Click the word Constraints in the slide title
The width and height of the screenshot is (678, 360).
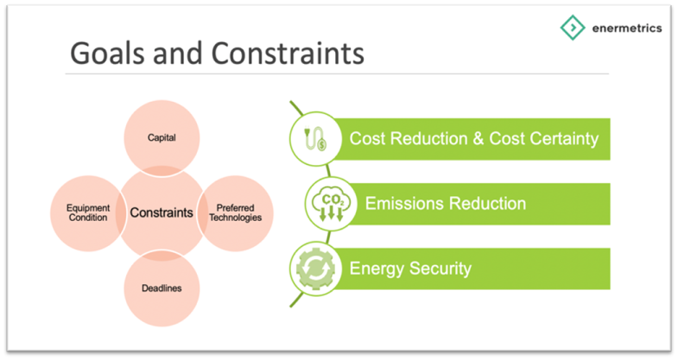288,54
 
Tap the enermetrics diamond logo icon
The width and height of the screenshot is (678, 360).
573,28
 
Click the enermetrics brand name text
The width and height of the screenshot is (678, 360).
627,28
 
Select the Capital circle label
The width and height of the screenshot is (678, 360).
162,138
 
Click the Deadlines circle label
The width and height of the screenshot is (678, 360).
162,288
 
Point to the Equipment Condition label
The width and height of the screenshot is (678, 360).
88,212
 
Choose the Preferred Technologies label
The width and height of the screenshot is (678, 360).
236,212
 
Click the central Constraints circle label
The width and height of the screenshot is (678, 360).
162,212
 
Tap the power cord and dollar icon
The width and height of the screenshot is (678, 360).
315,139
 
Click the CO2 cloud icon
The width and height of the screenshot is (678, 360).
331,204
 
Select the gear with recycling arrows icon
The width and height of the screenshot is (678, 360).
315,268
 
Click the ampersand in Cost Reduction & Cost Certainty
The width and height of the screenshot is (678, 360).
478,139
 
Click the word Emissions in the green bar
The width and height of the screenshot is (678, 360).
403,204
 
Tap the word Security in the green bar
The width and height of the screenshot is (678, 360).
440,268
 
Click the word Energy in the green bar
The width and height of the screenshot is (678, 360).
377,269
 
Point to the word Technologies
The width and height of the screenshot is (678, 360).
236,218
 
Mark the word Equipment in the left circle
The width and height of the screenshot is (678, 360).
88,208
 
